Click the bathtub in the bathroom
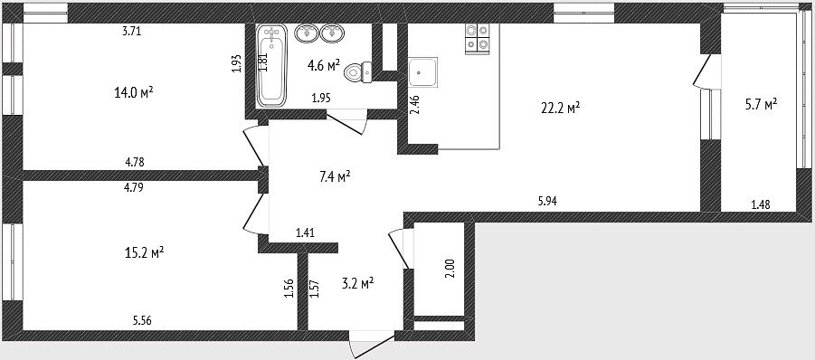click(272, 65)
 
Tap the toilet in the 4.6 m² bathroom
click(357, 71)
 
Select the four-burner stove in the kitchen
click(477, 37)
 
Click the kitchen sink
click(422, 71)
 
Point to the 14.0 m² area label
click(134, 92)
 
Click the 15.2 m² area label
click(144, 253)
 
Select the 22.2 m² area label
click(559, 108)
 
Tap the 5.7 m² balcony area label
click(761, 104)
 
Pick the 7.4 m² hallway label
click(335, 177)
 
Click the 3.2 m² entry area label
click(358, 284)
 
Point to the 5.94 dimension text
click(548, 201)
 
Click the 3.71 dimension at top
click(132, 31)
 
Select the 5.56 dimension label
click(143, 320)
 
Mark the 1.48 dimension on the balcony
click(761, 204)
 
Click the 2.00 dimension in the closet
click(450, 269)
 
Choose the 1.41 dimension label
click(306, 232)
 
